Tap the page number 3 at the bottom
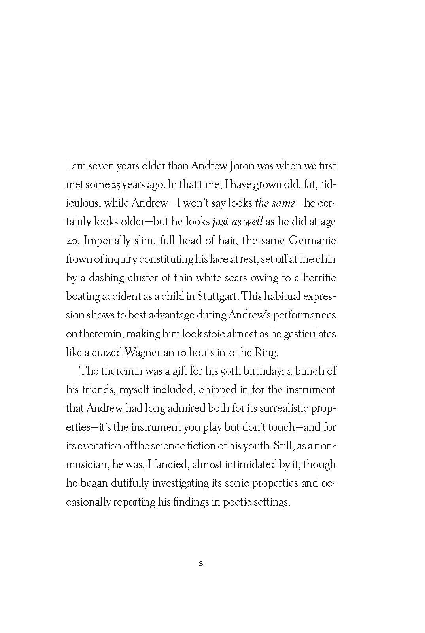coord(201,564)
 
